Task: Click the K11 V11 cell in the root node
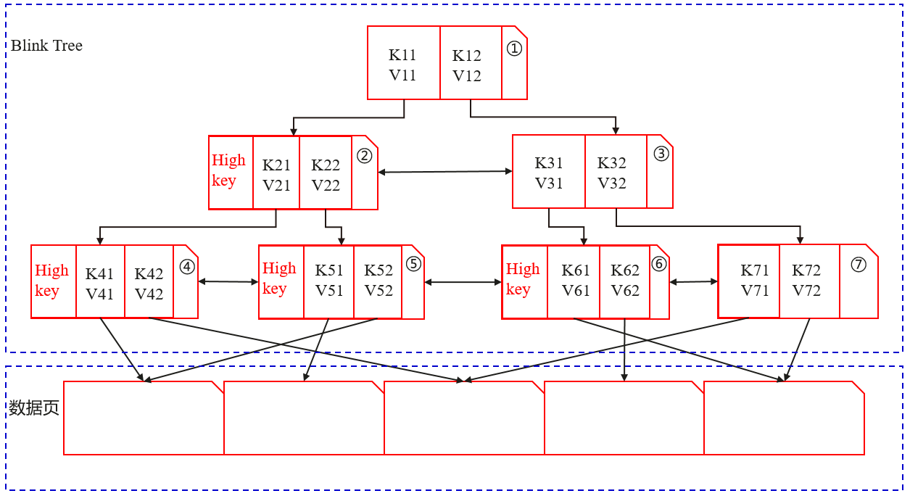pyautogui.click(x=403, y=65)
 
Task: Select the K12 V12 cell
pyautogui.click(x=467, y=65)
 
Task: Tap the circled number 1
pyautogui.click(x=513, y=49)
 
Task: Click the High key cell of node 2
pyautogui.click(x=230, y=171)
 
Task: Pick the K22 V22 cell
pyautogui.click(x=326, y=175)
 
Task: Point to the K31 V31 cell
pyautogui.click(x=549, y=173)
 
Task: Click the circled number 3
pyautogui.click(x=661, y=154)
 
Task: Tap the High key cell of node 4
pyautogui.click(x=53, y=281)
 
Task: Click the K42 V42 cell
pyautogui.click(x=149, y=284)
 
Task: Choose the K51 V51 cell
pyautogui.click(x=328, y=280)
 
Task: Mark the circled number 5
pyautogui.click(x=413, y=264)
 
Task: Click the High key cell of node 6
pyautogui.click(x=524, y=279)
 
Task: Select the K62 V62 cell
pyautogui.click(x=625, y=280)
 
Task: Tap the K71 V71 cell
pyautogui.click(x=754, y=280)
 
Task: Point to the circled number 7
pyautogui.click(x=859, y=265)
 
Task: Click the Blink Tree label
pyautogui.click(x=46, y=46)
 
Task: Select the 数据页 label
pyautogui.click(x=33, y=408)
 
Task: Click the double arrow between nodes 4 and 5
pyautogui.click(x=228, y=281)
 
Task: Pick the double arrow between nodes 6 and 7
pyautogui.click(x=694, y=282)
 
